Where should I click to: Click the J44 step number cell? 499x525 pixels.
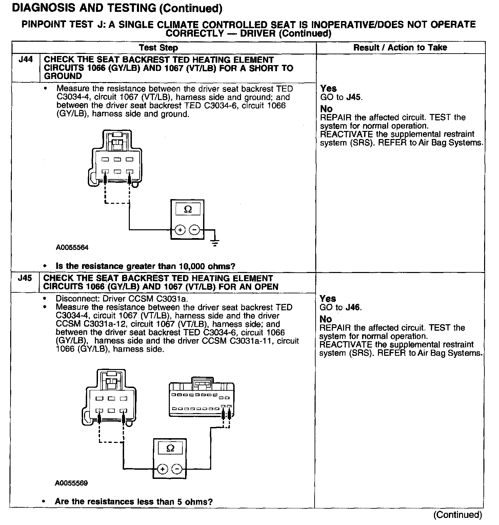25,60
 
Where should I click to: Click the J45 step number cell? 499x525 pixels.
25,278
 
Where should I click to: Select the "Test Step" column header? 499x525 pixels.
158,48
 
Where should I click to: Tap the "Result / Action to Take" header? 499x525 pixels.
400,47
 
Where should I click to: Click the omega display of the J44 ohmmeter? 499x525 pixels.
187,210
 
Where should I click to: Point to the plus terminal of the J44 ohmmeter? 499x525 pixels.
180,230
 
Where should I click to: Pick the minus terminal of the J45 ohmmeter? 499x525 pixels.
177,469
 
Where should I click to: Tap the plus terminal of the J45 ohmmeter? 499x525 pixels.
163,469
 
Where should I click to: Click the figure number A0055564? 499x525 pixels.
72,248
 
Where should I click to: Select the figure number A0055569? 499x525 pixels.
72,483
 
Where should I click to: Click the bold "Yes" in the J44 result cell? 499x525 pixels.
328,89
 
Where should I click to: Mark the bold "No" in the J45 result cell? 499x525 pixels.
326,319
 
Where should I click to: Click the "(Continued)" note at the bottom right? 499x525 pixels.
457,514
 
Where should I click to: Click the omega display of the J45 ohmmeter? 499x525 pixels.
170,448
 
